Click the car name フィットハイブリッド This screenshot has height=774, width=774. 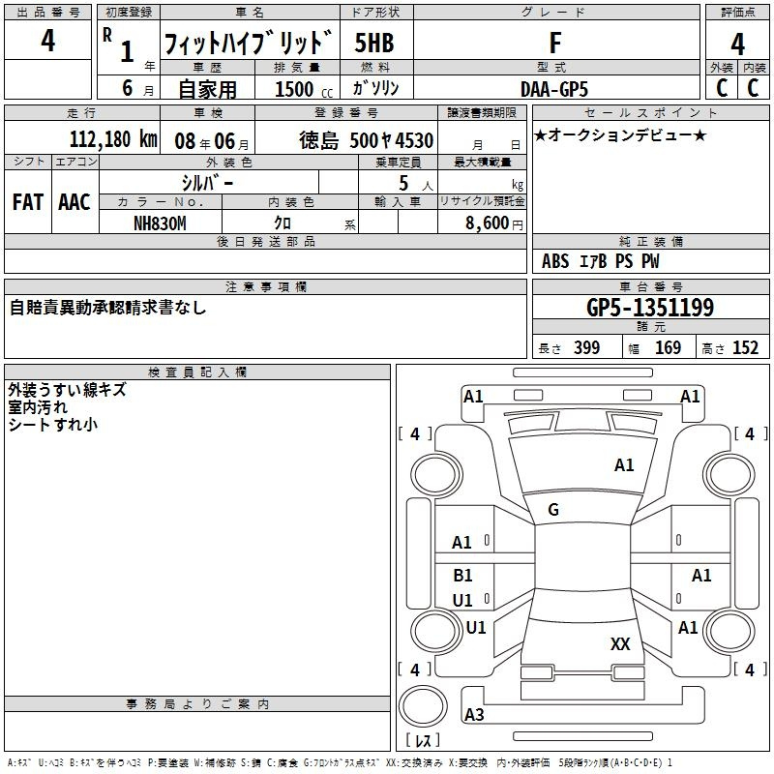pos(249,44)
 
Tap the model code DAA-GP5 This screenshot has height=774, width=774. pos(554,88)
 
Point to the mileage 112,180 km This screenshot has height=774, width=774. pos(113,139)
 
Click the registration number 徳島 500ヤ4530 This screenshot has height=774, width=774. pos(366,139)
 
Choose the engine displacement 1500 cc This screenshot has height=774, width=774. pos(297,89)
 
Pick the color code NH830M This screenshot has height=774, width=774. pos(160,223)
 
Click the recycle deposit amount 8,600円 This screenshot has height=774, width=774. pos(493,223)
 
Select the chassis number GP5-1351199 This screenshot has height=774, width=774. pos(650,308)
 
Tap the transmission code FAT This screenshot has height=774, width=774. pos(27,202)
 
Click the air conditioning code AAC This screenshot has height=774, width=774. pos(74,202)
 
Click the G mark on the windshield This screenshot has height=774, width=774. pos(553,510)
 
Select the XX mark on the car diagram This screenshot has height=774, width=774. pos(620,643)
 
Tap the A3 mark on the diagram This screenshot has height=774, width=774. pos(474,715)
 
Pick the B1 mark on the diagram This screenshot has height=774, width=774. pos(462,576)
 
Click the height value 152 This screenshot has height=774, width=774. pos(745,348)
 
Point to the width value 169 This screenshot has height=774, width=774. pos(668,348)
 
